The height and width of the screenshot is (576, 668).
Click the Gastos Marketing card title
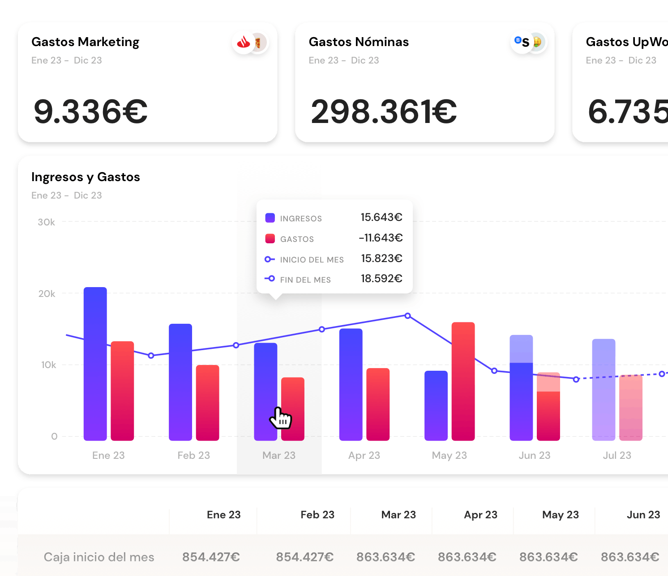[x=85, y=42]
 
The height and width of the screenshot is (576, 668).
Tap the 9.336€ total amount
[x=90, y=112]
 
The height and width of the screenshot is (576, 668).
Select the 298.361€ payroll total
[x=384, y=112]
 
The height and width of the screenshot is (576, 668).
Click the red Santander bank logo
[x=244, y=43]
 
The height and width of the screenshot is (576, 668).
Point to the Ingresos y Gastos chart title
[x=86, y=177]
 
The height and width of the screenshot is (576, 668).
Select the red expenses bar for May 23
[x=463, y=381]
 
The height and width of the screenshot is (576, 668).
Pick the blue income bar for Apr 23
[x=351, y=384]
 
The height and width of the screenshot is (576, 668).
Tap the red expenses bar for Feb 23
[x=207, y=402]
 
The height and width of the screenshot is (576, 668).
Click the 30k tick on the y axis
[x=47, y=222]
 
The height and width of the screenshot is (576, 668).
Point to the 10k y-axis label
[x=48, y=365]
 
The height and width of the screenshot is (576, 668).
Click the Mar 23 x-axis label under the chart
[x=279, y=455]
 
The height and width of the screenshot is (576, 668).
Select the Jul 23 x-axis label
[x=617, y=455]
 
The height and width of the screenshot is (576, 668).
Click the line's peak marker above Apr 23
[x=407, y=316]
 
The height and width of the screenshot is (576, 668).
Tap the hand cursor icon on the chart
[x=281, y=418]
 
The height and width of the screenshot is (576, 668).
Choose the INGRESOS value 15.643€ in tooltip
[x=381, y=217]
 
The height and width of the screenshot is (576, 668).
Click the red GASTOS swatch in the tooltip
[x=270, y=238]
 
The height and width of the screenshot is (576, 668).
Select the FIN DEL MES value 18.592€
[x=381, y=279]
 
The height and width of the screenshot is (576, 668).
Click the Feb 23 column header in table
[x=317, y=515]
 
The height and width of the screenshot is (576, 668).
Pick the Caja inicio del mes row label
[x=99, y=557]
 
